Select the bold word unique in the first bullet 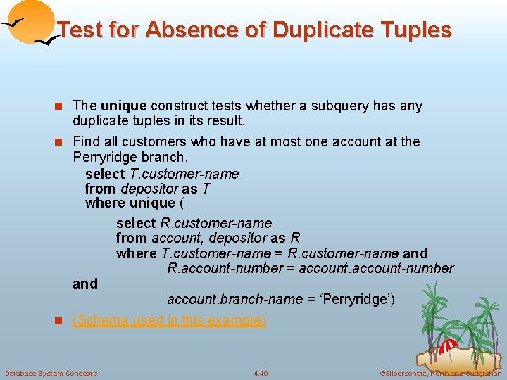(123, 106)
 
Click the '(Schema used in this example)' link (170, 320)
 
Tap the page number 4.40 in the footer (261, 373)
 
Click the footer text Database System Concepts (51, 373)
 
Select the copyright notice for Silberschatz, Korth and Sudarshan (440, 373)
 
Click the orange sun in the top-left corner (30, 20)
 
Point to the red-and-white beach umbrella (449, 346)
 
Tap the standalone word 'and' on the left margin (85, 284)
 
